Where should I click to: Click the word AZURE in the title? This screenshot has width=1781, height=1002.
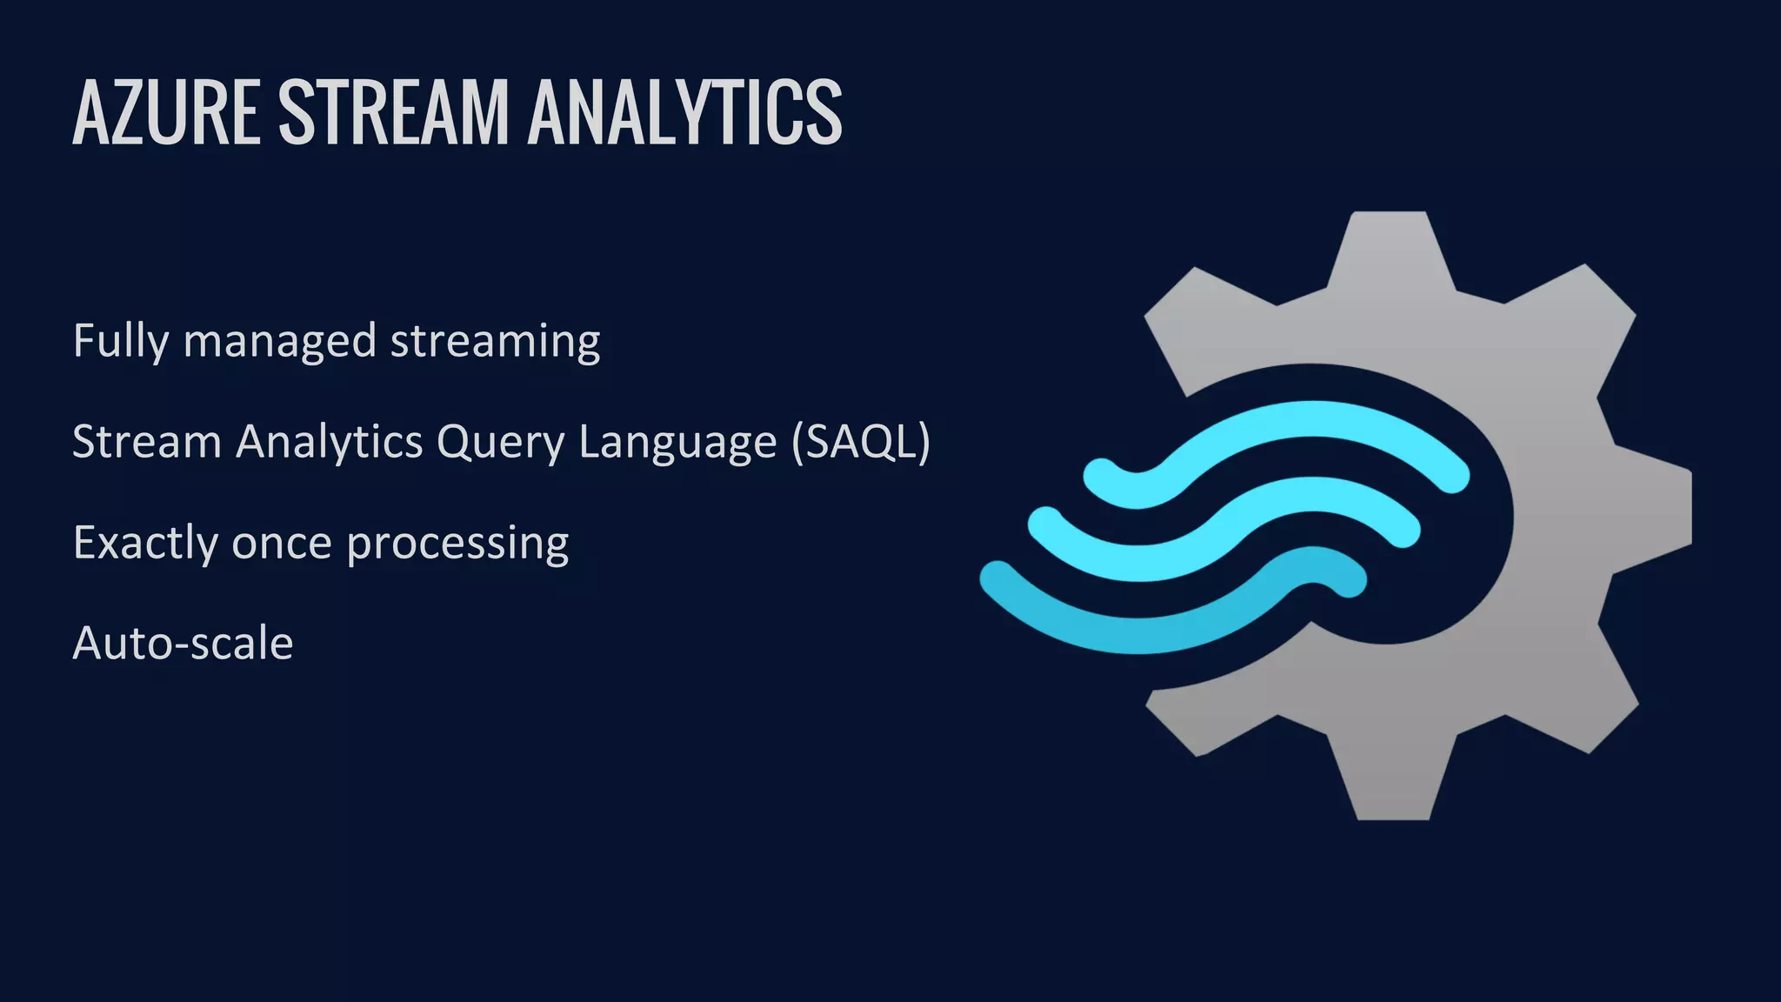pyautogui.click(x=166, y=112)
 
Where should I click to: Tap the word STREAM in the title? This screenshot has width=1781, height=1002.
pyautogui.click(x=393, y=112)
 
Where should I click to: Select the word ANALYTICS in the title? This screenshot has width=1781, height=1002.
pyautogui.click(x=684, y=112)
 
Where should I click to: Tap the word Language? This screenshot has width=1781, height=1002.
pyautogui.click(x=677, y=443)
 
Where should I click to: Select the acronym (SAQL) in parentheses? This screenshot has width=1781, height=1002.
pyautogui.click(x=861, y=443)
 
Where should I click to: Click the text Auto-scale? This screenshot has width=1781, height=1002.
pyautogui.click(x=183, y=645)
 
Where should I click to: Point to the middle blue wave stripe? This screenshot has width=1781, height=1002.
pyautogui.click(x=1235, y=531)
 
